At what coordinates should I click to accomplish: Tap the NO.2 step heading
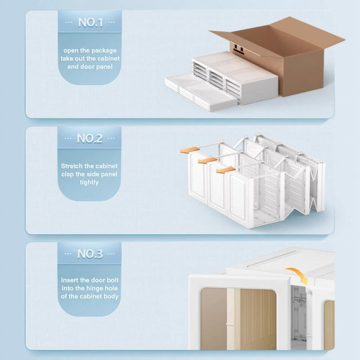coord(90,138)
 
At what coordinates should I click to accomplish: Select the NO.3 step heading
coord(90,254)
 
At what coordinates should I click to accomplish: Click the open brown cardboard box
coord(288,54)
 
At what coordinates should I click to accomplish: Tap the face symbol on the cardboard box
coord(238,48)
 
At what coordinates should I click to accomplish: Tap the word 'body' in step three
coord(111,296)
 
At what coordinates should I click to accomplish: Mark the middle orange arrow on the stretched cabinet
coord(207,160)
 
